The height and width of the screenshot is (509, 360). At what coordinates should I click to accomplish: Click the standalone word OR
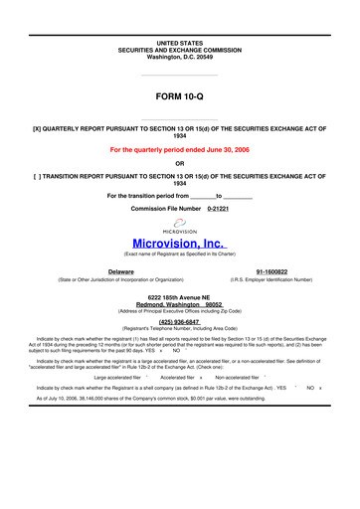(179, 164)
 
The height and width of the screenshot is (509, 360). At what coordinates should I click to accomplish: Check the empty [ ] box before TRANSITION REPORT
(38, 176)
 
